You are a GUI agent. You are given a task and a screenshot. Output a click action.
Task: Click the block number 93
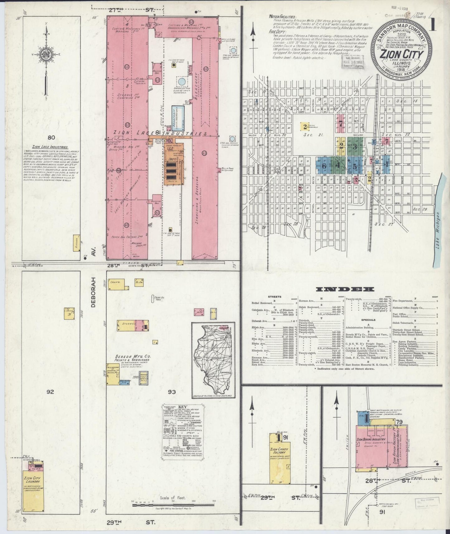172,392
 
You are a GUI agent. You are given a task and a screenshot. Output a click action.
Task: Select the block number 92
50,392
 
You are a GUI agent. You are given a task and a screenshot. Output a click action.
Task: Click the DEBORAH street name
93,293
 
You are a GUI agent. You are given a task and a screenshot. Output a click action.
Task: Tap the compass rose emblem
46,55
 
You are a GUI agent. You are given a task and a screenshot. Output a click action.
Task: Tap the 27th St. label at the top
131,10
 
